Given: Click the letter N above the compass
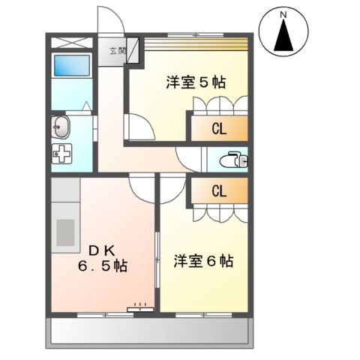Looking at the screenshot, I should click(x=284, y=13).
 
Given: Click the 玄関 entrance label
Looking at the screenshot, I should click(x=118, y=51).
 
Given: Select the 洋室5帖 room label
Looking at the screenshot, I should click(x=196, y=83).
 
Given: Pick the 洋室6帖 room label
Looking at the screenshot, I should click(x=203, y=261).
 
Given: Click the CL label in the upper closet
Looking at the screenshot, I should click(x=218, y=128).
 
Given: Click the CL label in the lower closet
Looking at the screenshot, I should click(x=218, y=190).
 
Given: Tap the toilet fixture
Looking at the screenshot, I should click(x=235, y=159).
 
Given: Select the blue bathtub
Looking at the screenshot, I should click(x=71, y=67).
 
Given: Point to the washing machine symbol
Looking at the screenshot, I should click(x=62, y=156).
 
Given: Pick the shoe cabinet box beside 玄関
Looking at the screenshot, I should click(x=133, y=52).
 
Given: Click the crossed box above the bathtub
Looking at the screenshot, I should click(x=71, y=40).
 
